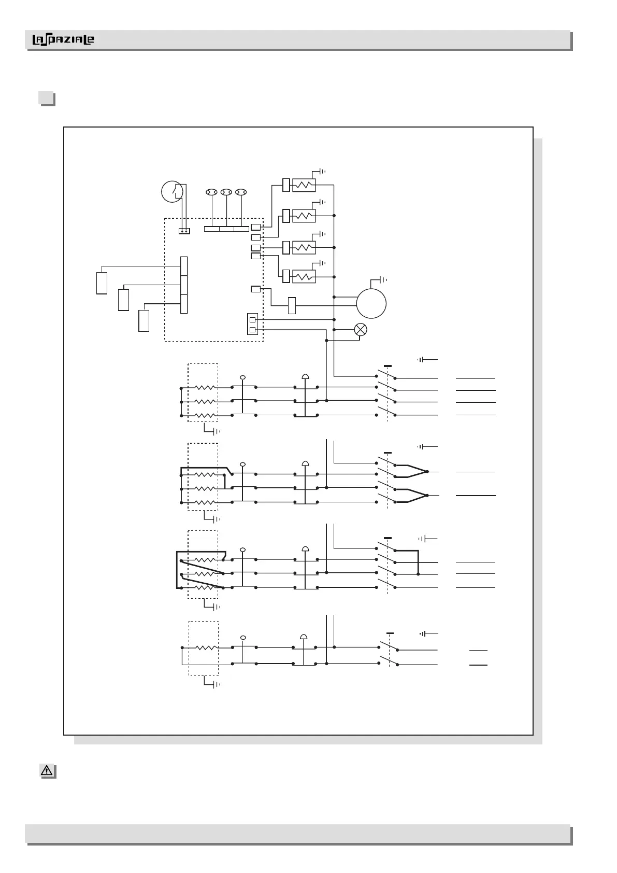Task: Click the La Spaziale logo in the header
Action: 63,40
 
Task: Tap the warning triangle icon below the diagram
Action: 47,771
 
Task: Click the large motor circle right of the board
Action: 371,303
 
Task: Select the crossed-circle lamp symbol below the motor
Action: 361,329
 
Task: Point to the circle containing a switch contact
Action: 172,192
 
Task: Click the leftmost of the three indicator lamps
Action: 211,192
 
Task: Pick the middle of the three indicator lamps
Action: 226,192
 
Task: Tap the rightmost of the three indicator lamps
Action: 240,192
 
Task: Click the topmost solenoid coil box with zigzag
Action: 304,185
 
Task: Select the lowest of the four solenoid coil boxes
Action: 304,276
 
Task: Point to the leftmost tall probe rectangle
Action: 102,283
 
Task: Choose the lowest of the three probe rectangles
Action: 144,320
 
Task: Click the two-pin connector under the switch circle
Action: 184,231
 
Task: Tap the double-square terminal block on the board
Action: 252,325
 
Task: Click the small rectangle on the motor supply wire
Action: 292,305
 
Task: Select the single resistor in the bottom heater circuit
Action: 206,647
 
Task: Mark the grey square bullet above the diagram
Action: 47,98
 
